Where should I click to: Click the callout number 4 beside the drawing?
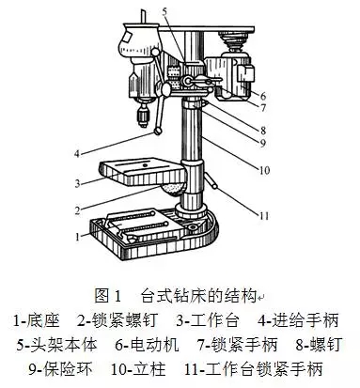[x=77, y=154]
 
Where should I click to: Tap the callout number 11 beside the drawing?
[x=263, y=216]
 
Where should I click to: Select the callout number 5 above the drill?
[x=165, y=11]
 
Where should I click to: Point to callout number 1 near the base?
[x=77, y=237]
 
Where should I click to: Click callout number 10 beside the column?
[x=264, y=170]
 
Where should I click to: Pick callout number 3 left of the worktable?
[x=77, y=183]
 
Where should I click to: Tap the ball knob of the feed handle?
[x=158, y=131]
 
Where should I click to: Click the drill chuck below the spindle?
[x=143, y=116]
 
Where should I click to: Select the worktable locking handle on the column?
[x=211, y=181]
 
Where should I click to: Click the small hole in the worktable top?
[x=145, y=164]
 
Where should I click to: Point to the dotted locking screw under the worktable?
[x=173, y=189]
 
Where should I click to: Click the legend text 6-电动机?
[x=147, y=345]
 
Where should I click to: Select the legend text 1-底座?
[x=37, y=320]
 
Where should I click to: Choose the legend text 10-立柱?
[x=138, y=369]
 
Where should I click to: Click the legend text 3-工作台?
[x=208, y=320]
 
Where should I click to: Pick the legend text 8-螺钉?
[x=318, y=345]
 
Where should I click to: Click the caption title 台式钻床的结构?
[x=198, y=296]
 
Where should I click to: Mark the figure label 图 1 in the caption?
[x=107, y=296]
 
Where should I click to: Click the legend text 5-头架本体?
[x=57, y=345]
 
